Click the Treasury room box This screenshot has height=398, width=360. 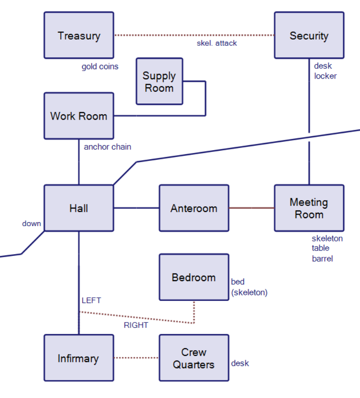point(79,36)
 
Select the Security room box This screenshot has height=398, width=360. point(309,36)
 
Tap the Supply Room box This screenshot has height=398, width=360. point(159,81)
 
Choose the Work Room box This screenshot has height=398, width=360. point(79,116)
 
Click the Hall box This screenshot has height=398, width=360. point(79,208)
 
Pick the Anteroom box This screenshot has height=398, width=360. point(194,208)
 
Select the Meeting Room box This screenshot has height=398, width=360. point(309,208)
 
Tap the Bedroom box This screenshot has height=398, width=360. point(194,277)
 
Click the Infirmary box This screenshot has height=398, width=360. point(79,358)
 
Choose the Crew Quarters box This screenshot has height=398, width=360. point(194,358)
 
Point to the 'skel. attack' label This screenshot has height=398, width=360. point(217,43)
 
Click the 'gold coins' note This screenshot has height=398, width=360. point(100,67)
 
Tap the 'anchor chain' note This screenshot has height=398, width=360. point(107,147)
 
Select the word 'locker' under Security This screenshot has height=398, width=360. point(325,76)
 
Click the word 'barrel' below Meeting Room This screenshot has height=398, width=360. point(322,259)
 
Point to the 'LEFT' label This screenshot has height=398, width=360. point(91,300)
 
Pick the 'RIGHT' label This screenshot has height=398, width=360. point(136,325)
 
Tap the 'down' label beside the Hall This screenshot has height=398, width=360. point(31,224)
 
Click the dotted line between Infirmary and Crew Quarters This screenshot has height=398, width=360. point(136,358)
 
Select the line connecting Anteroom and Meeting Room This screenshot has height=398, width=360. point(251,208)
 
